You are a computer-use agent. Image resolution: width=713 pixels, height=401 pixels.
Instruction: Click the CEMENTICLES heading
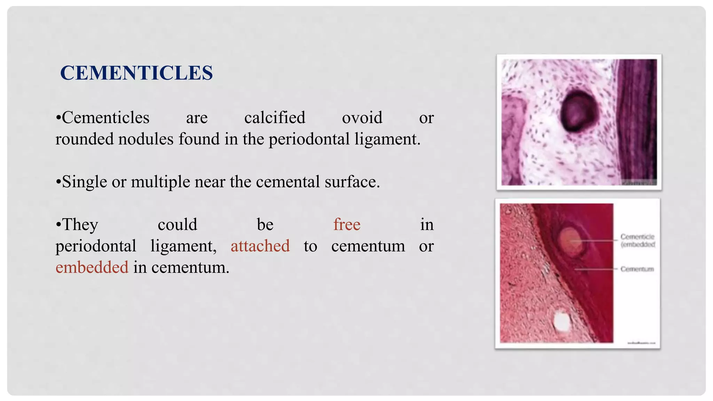click(136, 73)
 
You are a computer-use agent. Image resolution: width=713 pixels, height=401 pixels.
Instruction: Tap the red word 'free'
click(347, 225)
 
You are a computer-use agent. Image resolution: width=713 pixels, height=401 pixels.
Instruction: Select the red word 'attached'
click(260, 246)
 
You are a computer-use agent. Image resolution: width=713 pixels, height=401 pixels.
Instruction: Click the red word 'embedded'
click(92, 268)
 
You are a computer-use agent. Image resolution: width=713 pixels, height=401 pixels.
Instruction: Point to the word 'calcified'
click(275, 118)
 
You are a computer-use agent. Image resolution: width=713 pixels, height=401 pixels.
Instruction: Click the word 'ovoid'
click(362, 118)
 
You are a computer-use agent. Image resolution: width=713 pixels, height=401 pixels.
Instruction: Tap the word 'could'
click(178, 225)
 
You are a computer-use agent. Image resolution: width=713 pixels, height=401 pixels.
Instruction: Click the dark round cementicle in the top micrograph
click(578, 111)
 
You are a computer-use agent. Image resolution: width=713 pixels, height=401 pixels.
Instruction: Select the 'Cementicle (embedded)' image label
click(637, 241)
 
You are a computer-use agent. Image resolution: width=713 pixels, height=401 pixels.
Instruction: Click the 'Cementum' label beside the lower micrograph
click(637, 269)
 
